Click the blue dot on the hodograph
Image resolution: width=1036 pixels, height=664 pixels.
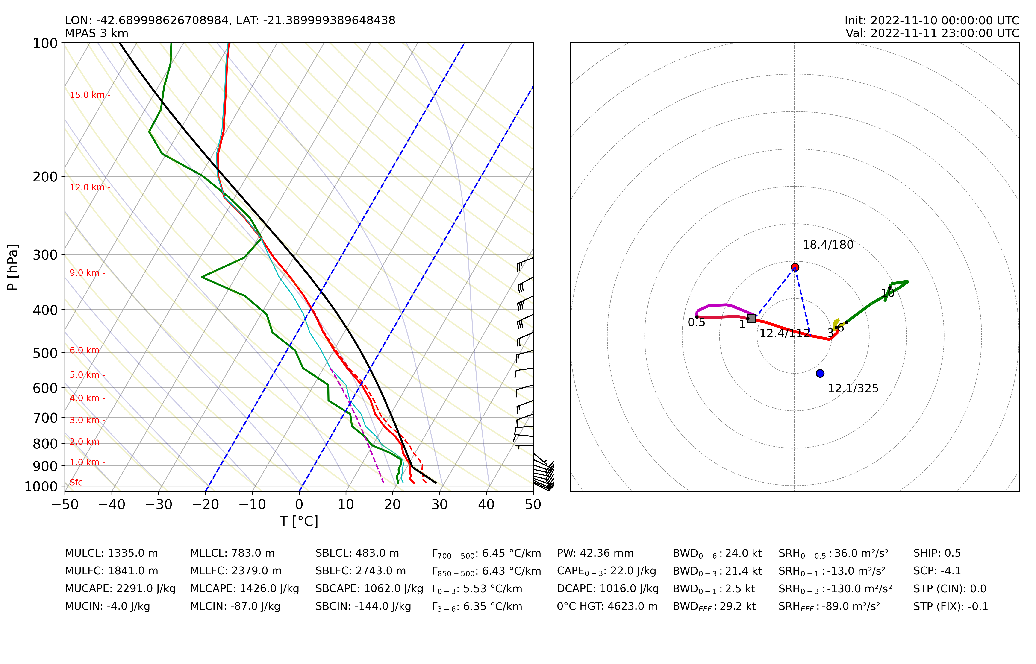tap(820, 373)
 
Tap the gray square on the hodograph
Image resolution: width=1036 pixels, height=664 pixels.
tap(751, 318)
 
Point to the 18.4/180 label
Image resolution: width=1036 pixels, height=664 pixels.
tap(828, 245)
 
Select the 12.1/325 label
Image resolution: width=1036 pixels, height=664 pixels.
tap(853, 389)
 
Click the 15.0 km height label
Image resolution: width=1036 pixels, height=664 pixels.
tap(88, 95)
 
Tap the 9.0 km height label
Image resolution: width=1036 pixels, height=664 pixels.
tap(85, 273)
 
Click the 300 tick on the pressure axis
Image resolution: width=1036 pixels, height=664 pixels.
tap(45, 255)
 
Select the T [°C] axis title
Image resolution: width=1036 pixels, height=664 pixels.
tap(299, 521)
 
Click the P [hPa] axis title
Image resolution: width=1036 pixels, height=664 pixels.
tap(12, 267)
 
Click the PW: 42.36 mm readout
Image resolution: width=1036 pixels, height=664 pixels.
tap(595, 553)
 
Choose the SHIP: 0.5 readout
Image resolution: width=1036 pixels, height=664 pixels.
tap(937, 553)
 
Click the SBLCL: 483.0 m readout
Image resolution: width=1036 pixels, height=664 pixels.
tap(357, 553)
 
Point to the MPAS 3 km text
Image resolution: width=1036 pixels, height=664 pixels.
tap(97, 33)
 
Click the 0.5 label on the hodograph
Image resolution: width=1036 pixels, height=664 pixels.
tap(696, 322)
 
